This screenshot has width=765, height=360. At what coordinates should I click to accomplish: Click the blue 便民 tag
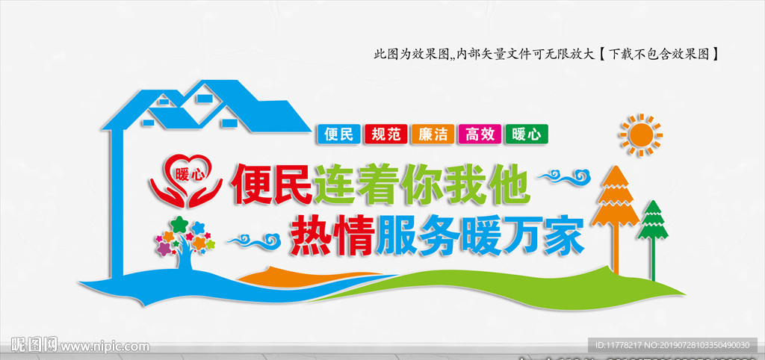tap(338, 134)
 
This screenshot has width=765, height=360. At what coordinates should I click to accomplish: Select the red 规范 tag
tap(386, 134)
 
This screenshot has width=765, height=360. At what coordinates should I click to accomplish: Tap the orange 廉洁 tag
tap(433, 134)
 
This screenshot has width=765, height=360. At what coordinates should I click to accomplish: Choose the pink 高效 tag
tap(480, 134)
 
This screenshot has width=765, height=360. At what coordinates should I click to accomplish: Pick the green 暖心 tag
tap(527, 134)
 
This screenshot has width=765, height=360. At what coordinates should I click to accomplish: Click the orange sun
tap(641, 135)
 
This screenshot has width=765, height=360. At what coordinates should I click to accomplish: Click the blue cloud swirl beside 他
tap(566, 178)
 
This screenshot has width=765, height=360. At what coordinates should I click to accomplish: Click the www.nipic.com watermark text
tap(105, 347)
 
